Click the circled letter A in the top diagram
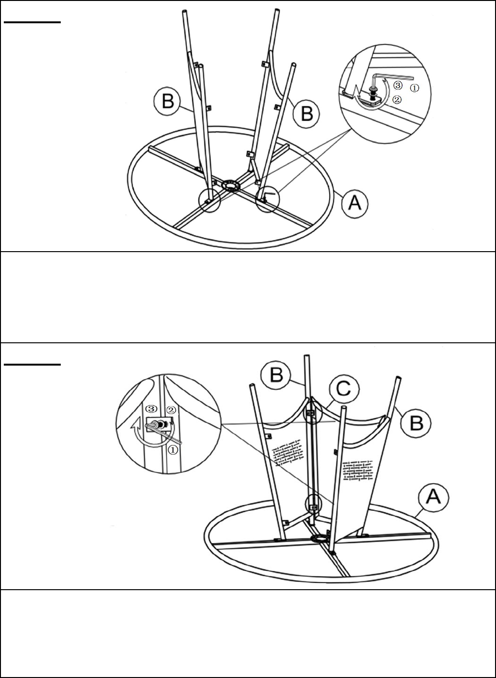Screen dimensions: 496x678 coord(355,203)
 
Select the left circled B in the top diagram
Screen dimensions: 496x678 coord(167,102)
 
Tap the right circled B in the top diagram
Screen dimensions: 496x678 coord(307,114)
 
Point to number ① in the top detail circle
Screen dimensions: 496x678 coord(414,88)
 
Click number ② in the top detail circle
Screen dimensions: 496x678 coord(397,99)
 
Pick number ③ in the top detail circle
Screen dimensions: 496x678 coord(398,85)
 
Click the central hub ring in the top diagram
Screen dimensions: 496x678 coord(231,185)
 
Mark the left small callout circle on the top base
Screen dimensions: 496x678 coord(209,200)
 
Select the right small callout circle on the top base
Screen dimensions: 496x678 coord(268,199)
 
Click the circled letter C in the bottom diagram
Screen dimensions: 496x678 coord(344,388)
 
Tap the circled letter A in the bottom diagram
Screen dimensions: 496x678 coord(433,497)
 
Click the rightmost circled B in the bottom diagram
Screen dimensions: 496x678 coord(415,423)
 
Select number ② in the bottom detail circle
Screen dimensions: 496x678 coord(171,410)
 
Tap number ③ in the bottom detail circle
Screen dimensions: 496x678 coord(151,409)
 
